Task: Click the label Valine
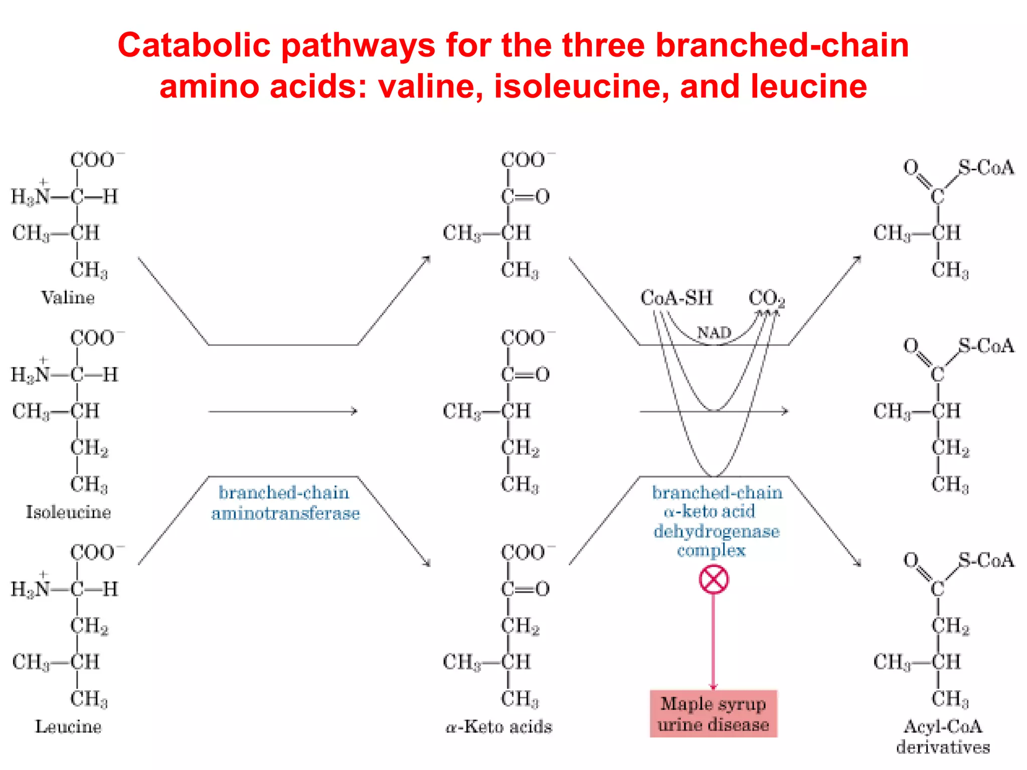coord(68,298)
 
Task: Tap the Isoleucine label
coord(68,512)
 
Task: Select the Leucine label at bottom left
coord(68,726)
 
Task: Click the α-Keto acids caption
coord(499,726)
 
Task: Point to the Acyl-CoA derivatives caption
coord(943,736)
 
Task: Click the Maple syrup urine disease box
coord(713,714)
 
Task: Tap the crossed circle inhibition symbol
coord(714,580)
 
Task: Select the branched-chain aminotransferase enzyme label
coord(285,503)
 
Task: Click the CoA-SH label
coord(676,298)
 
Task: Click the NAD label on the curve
coord(714,332)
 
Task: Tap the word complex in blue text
coord(711,550)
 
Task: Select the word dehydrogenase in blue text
coord(716,531)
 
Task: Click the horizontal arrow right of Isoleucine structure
coord(283,412)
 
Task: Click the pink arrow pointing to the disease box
coord(713,642)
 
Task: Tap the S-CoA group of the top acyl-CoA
coord(985,168)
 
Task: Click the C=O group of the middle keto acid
coord(525,374)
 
